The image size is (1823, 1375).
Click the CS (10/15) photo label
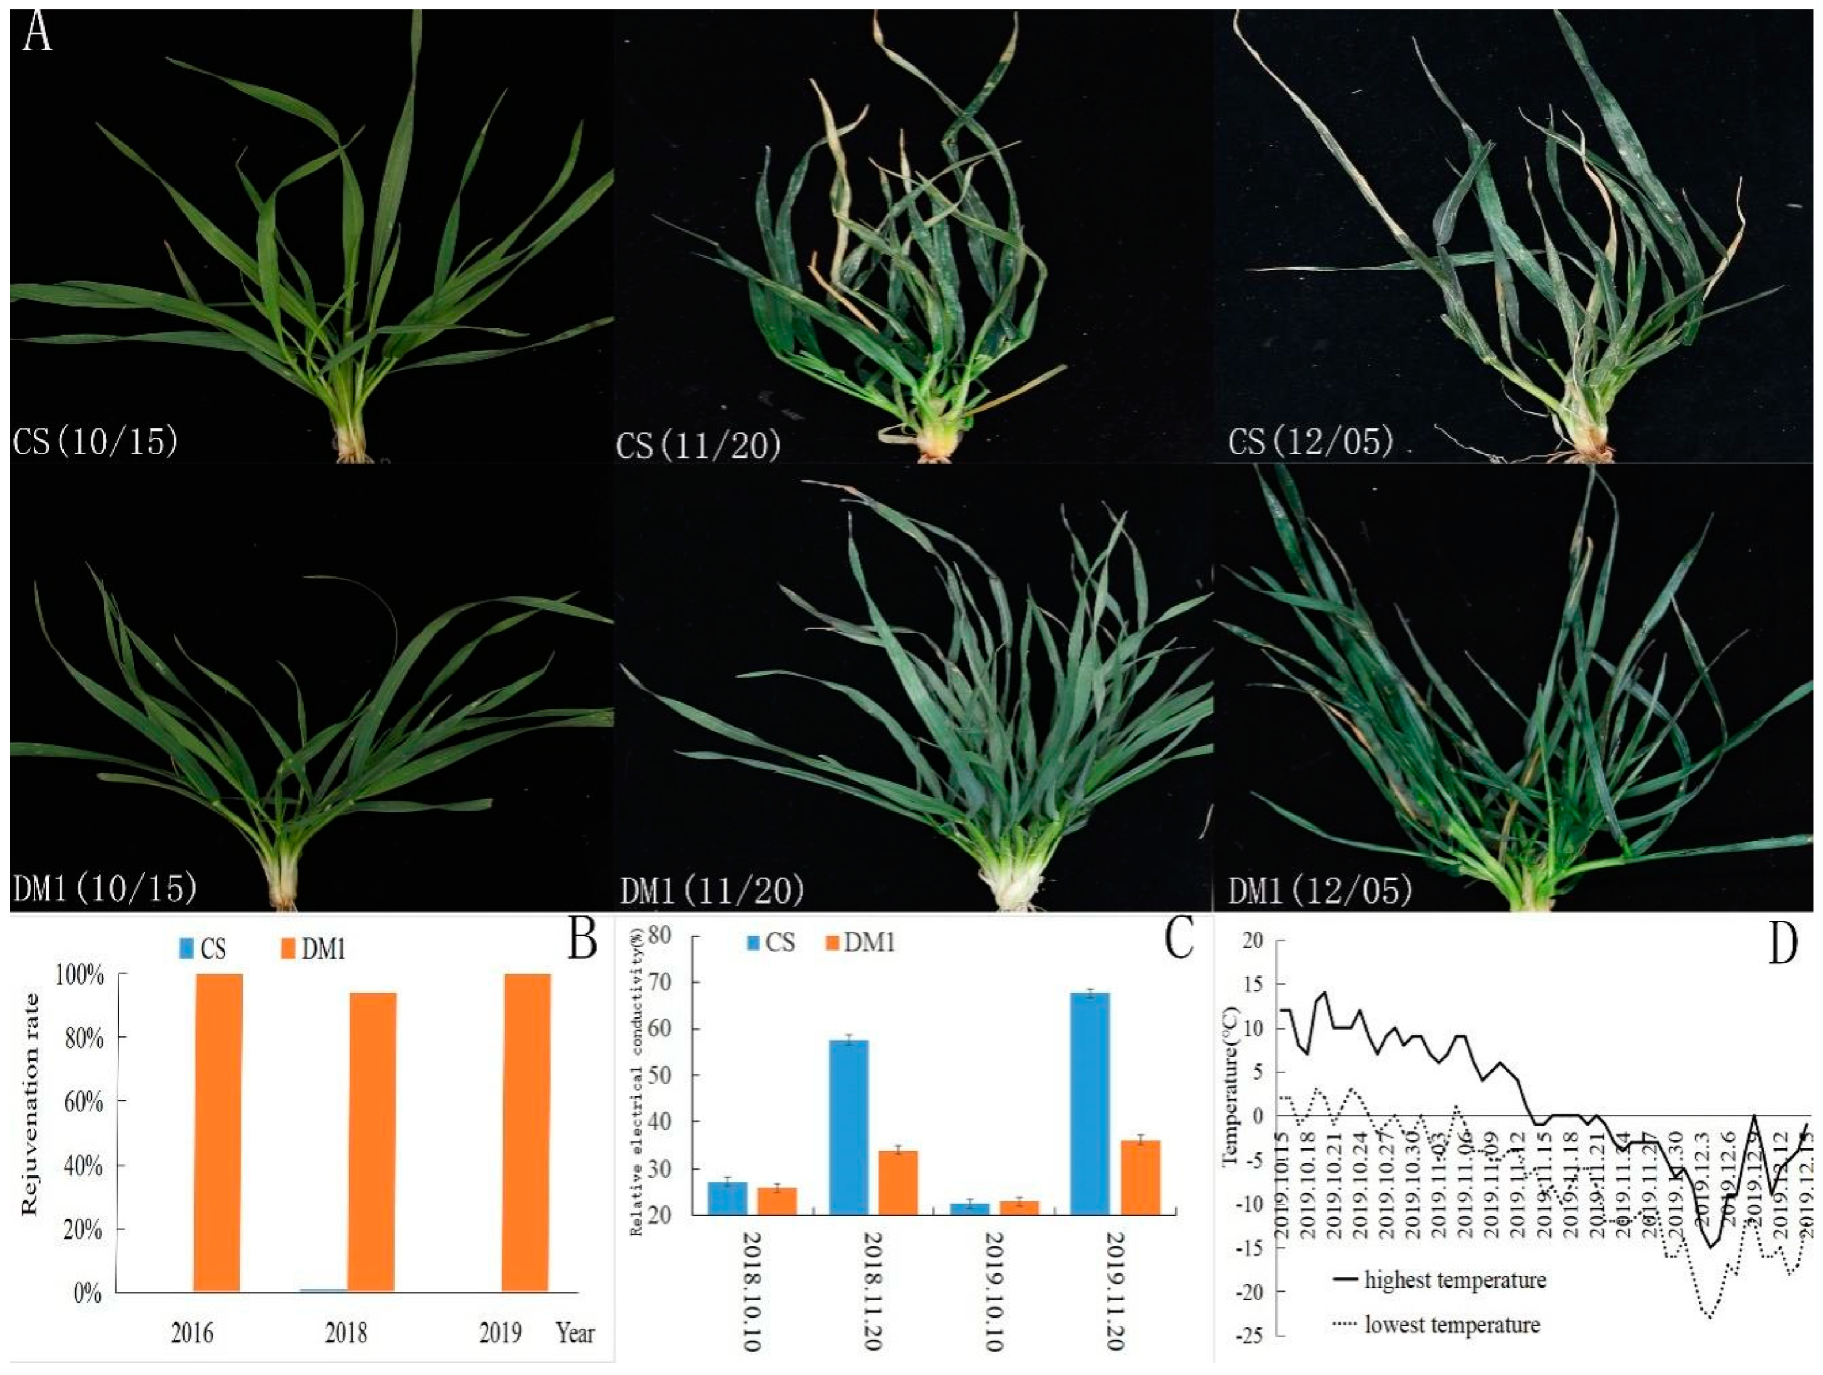[96, 442]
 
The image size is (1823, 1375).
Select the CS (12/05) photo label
[1310, 442]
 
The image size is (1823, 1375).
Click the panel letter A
[37, 33]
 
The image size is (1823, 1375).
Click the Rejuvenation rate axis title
[30, 1105]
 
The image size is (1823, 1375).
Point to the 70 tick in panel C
[660, 982]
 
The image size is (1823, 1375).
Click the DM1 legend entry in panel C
[862, 941]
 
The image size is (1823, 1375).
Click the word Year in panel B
[575, 1333]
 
